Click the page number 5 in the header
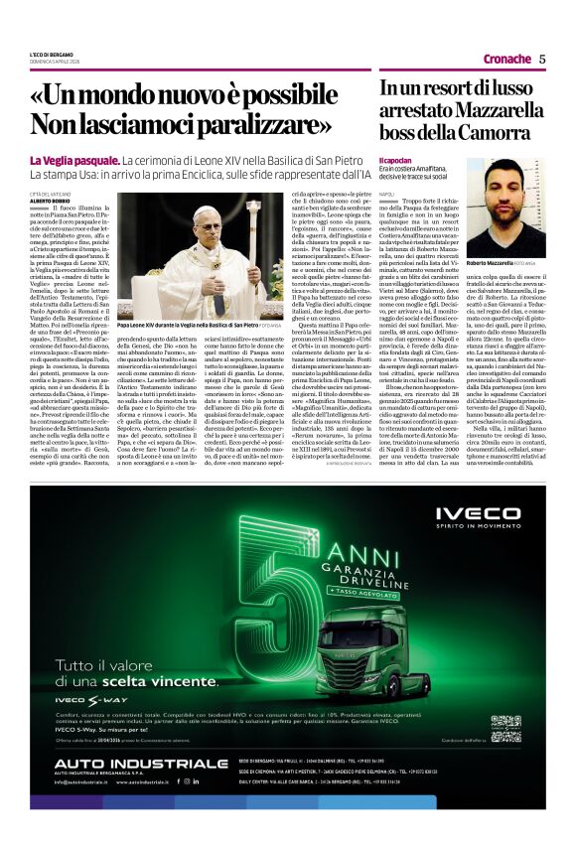coord(543,59)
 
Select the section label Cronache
coord(505,60)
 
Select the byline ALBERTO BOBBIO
coord(50,201)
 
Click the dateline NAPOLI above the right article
coord(387,194)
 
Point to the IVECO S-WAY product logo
coord(97,702)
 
